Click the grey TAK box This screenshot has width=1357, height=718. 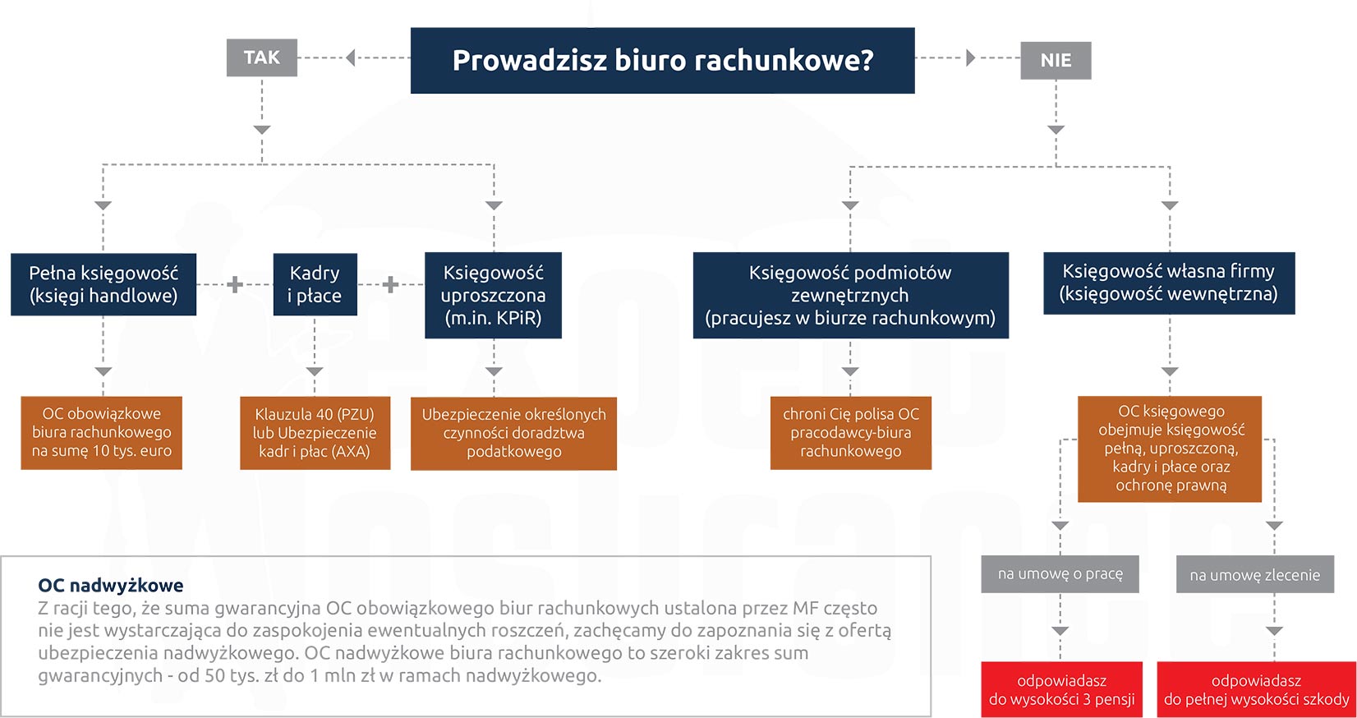(261, 58)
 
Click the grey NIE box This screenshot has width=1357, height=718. (1056, 60)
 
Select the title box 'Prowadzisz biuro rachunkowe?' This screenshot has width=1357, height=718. (662, 60)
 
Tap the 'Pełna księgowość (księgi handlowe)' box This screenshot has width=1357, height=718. (103, 284)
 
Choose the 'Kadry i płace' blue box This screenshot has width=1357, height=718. (315, 284)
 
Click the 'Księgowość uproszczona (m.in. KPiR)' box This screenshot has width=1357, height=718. (493, 295)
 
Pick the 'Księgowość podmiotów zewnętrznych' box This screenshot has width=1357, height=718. (850, 295)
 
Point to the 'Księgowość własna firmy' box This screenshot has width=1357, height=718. (1168, 283)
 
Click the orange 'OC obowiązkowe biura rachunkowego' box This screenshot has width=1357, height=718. (102, 433)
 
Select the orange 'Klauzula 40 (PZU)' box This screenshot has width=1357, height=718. (315, 433)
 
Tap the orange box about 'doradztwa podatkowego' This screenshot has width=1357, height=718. (513, 433)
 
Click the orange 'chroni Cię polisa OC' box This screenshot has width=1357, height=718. (850, 433)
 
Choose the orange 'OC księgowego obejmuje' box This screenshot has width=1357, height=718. (1170, 449)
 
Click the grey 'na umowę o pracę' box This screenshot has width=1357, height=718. (1060, 574)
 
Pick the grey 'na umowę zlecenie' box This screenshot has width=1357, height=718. (1254, 575)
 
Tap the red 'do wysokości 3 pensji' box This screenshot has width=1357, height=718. (1061, 689)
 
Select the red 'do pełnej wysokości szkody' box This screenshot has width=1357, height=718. (1256, 689)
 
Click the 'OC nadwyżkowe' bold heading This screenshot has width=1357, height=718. (111, 585)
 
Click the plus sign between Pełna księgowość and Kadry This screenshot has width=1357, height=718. (235, 284)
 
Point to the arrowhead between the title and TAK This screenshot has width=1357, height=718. (351, 58)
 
